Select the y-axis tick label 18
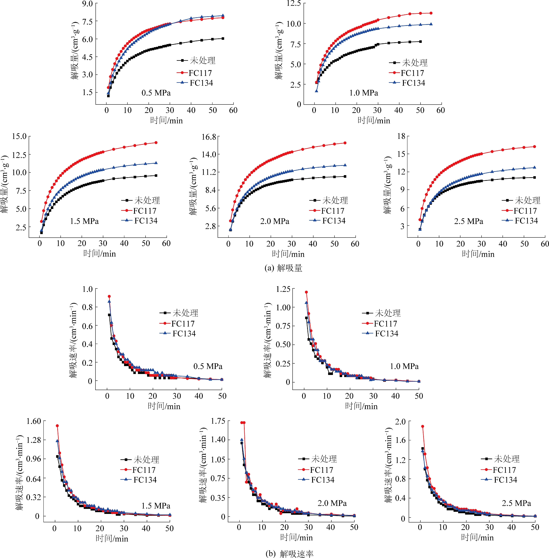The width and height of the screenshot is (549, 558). (x=401, y=136)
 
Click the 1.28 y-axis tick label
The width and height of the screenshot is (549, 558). (x=34, y=440)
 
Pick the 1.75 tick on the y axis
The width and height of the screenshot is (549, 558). (x=218, y=421)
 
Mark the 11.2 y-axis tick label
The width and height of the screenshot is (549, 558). (x=209, y=172)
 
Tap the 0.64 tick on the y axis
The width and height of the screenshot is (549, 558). (x=34, y=479)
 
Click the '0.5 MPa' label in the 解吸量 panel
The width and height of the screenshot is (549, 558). (x=156, y=93)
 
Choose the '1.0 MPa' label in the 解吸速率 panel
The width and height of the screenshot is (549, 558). (x=404, y=366)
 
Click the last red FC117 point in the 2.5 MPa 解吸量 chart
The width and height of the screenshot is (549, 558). (x=535, y=147)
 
